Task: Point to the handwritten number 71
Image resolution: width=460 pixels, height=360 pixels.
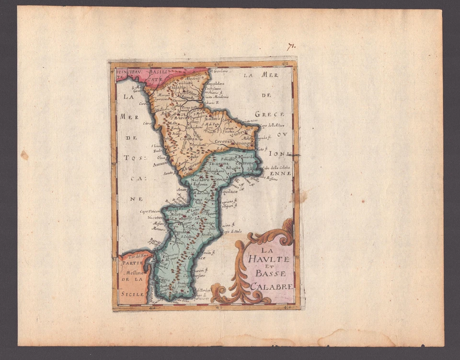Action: (x=291, y=46)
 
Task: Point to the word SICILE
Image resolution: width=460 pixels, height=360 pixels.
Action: (x=132, y=293)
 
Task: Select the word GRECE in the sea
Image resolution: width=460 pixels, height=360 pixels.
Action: (x=270, y=115)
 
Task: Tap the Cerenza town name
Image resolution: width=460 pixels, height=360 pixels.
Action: (x=225, y=142)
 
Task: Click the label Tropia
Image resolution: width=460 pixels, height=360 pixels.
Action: (x=171, y=210)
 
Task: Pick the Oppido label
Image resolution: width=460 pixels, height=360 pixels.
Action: (x=180, y=232)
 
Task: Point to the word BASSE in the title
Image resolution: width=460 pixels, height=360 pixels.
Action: (x=271, y=274)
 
